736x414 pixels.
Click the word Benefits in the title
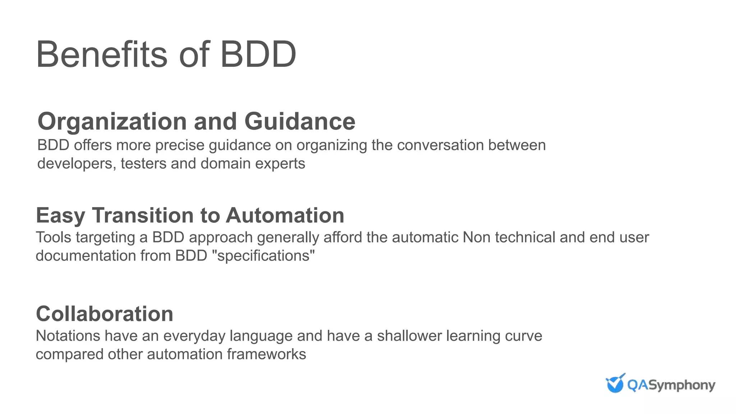(x=102, y=55)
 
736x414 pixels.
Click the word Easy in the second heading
(x=60, y=216)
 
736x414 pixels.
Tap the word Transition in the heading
(x=143, y=216)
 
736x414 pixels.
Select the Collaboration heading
(x=105, y=314)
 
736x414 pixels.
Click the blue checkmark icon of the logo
(x=615, y=383)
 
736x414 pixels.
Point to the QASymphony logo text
(x=671, y=385)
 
